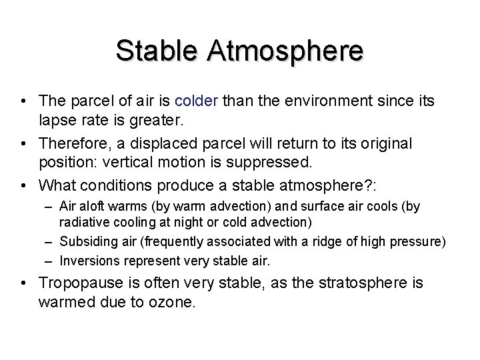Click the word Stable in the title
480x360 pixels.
[155, 51]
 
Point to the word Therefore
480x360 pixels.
[70, 143]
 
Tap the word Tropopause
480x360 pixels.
[78, 283]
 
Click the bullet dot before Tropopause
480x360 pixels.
[25, 283]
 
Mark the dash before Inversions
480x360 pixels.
[51, 260]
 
